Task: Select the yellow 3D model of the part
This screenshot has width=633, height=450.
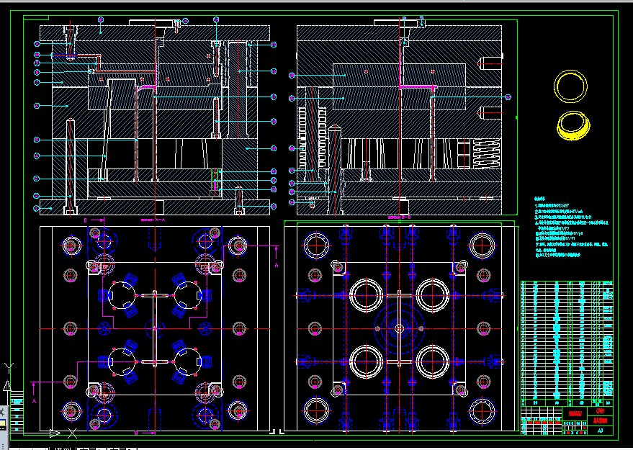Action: pyautogui.click(x=575, y=125)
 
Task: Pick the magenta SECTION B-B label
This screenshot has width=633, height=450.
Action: pyautogui.click(x=398, y=216)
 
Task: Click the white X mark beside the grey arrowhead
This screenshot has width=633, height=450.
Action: pyautogui.click(x=72, y=433)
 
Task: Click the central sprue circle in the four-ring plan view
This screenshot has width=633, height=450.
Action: pyautogui.click(x=399, y=328)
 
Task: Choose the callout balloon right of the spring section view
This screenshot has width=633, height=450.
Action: pyautogui.click(x=508, y=97)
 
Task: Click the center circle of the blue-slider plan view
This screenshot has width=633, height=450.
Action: pyautogui.click(x=155, y=329)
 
